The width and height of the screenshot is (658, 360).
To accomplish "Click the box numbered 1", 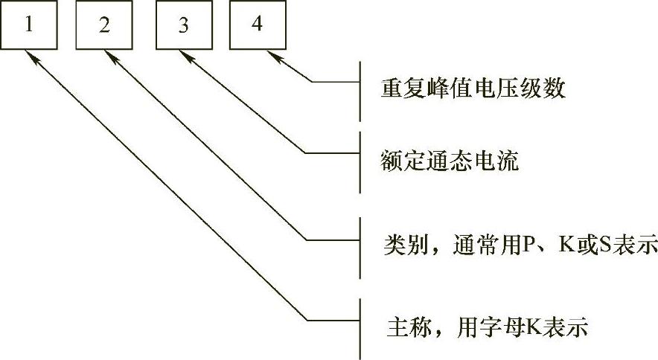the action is click(x=28, y=25).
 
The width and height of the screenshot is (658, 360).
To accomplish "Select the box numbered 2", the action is click(x=104, y=25).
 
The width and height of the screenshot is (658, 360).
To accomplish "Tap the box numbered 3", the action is click(x=182, y=25).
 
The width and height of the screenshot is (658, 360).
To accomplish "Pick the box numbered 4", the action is click(x=257, y=25).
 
